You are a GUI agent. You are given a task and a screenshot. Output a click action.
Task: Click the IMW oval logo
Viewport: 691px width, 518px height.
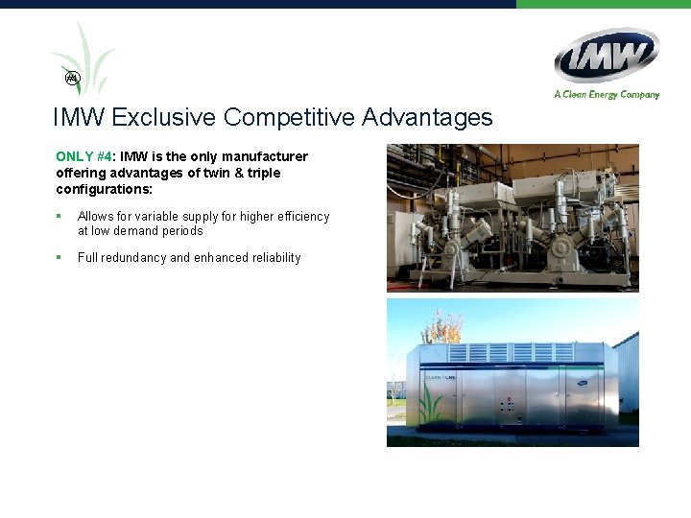[x=607, y=55]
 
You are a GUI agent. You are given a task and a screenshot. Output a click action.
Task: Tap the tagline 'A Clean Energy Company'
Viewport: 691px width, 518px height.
[x=607, y=94]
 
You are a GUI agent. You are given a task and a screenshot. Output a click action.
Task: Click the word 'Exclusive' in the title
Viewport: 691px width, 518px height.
[x=164, y=118]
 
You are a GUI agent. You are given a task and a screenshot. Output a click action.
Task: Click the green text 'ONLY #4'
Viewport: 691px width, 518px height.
[x=83, y=156]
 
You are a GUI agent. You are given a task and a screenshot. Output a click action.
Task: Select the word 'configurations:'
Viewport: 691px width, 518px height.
[x=105, y=190]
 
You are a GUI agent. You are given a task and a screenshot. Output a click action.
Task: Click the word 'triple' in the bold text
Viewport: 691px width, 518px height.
[x=263, y=173]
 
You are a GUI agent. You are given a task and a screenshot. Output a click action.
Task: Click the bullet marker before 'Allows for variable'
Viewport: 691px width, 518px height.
[x=59, y=217]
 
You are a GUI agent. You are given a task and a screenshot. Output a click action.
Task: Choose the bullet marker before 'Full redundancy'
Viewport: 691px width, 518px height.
[x=59, y=257]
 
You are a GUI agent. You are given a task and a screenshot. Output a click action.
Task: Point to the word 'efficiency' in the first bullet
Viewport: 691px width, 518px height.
[x=299, y=217]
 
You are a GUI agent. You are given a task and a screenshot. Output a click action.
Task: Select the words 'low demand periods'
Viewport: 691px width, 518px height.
[x=147, y=231]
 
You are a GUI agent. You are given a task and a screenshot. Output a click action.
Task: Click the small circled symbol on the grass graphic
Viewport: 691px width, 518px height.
[x=71, y=77]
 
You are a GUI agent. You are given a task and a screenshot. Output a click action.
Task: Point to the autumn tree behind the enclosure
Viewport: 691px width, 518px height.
[x=442, y=328]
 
